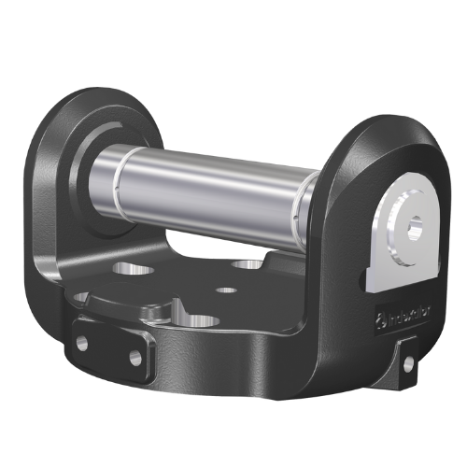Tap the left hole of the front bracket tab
click(x=80, y=342)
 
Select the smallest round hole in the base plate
click(x=226, y=290)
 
